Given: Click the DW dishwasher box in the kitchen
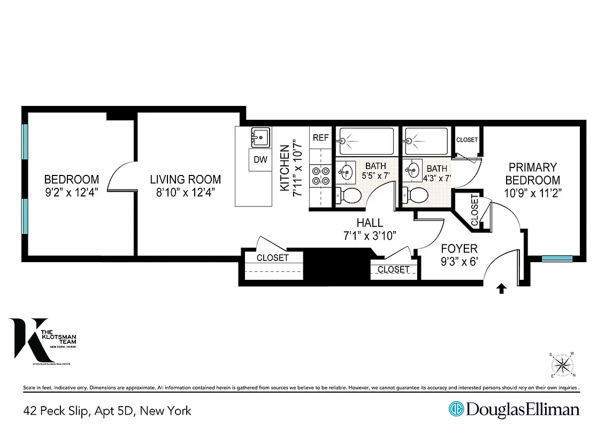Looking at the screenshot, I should pos(260,159).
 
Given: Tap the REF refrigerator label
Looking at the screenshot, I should pos(320,137).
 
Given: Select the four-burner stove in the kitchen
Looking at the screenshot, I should pos(320,176).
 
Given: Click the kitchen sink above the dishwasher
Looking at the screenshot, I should pos(260,137).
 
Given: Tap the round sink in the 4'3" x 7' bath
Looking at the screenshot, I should pos(412,171).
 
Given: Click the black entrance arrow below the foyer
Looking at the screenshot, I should pos(501,289).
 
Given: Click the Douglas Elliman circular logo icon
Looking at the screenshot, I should pos(456,409).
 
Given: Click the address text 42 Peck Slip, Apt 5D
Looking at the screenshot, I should pos(107,411).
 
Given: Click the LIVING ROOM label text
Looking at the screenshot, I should pos(185,180).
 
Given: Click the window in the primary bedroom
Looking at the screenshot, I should pos(556,259).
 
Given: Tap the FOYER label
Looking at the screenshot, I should pos(459,249).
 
